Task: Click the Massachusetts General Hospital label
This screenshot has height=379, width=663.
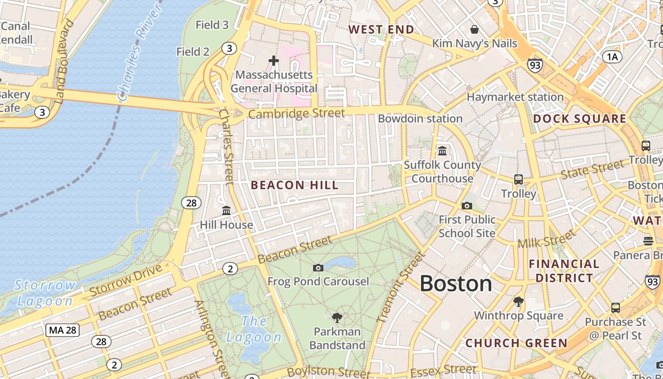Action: click(274, 81)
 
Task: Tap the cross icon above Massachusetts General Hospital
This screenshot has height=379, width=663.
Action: click(274, 61)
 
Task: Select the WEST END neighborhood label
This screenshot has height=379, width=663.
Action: click(381, 29)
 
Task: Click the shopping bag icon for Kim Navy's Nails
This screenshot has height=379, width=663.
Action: click(475, 30)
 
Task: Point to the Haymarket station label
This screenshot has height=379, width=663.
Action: click(515, 97)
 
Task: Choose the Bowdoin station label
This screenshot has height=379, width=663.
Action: click(420, 118)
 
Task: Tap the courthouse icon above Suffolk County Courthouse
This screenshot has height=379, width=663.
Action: click(442, 151)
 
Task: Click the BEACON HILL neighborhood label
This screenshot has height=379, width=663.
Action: click(295, 185)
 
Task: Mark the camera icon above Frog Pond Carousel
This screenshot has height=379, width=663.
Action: click(318, 268)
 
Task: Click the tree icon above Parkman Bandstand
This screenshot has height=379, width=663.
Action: click(337, 317)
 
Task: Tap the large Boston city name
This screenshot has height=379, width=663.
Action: click(456, 284)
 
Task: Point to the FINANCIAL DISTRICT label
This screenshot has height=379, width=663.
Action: click(564, 271)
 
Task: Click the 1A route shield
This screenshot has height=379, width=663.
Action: click(613, 57)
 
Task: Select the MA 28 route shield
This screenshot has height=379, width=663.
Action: click(62, 330)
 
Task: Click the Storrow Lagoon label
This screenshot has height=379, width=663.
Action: click(45, 293)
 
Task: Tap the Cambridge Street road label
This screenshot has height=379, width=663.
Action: click(296, 114)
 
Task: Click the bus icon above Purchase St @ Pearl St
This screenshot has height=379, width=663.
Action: click(615, 308)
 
